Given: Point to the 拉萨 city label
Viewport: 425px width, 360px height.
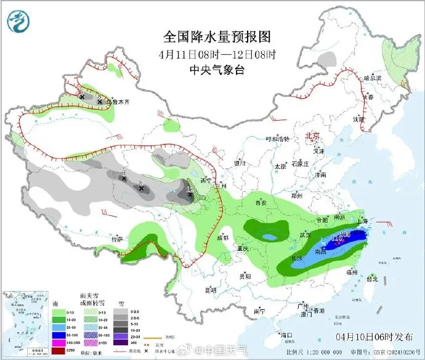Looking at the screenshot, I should [x=116, y=239].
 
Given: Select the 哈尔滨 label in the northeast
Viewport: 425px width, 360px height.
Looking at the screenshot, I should [x=373, y=78].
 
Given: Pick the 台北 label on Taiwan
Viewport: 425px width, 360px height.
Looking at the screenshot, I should [x=372, y=278].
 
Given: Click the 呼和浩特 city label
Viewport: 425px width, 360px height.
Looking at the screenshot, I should [x=277, y=139].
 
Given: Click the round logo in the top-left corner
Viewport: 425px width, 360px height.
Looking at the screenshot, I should [x=18, y=22].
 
